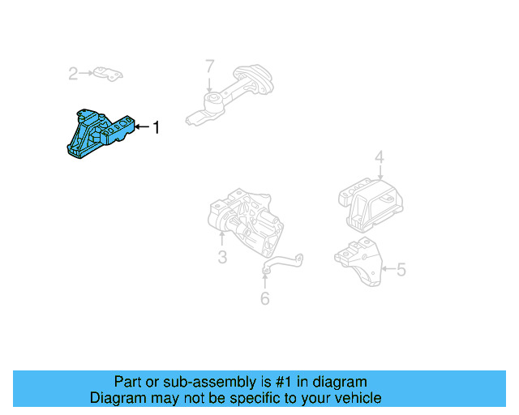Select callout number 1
157,127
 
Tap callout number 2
72,75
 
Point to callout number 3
221,259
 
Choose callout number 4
379,157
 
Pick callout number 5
401,269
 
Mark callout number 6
264,299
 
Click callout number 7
209,66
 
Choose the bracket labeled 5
358,261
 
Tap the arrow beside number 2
87,75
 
